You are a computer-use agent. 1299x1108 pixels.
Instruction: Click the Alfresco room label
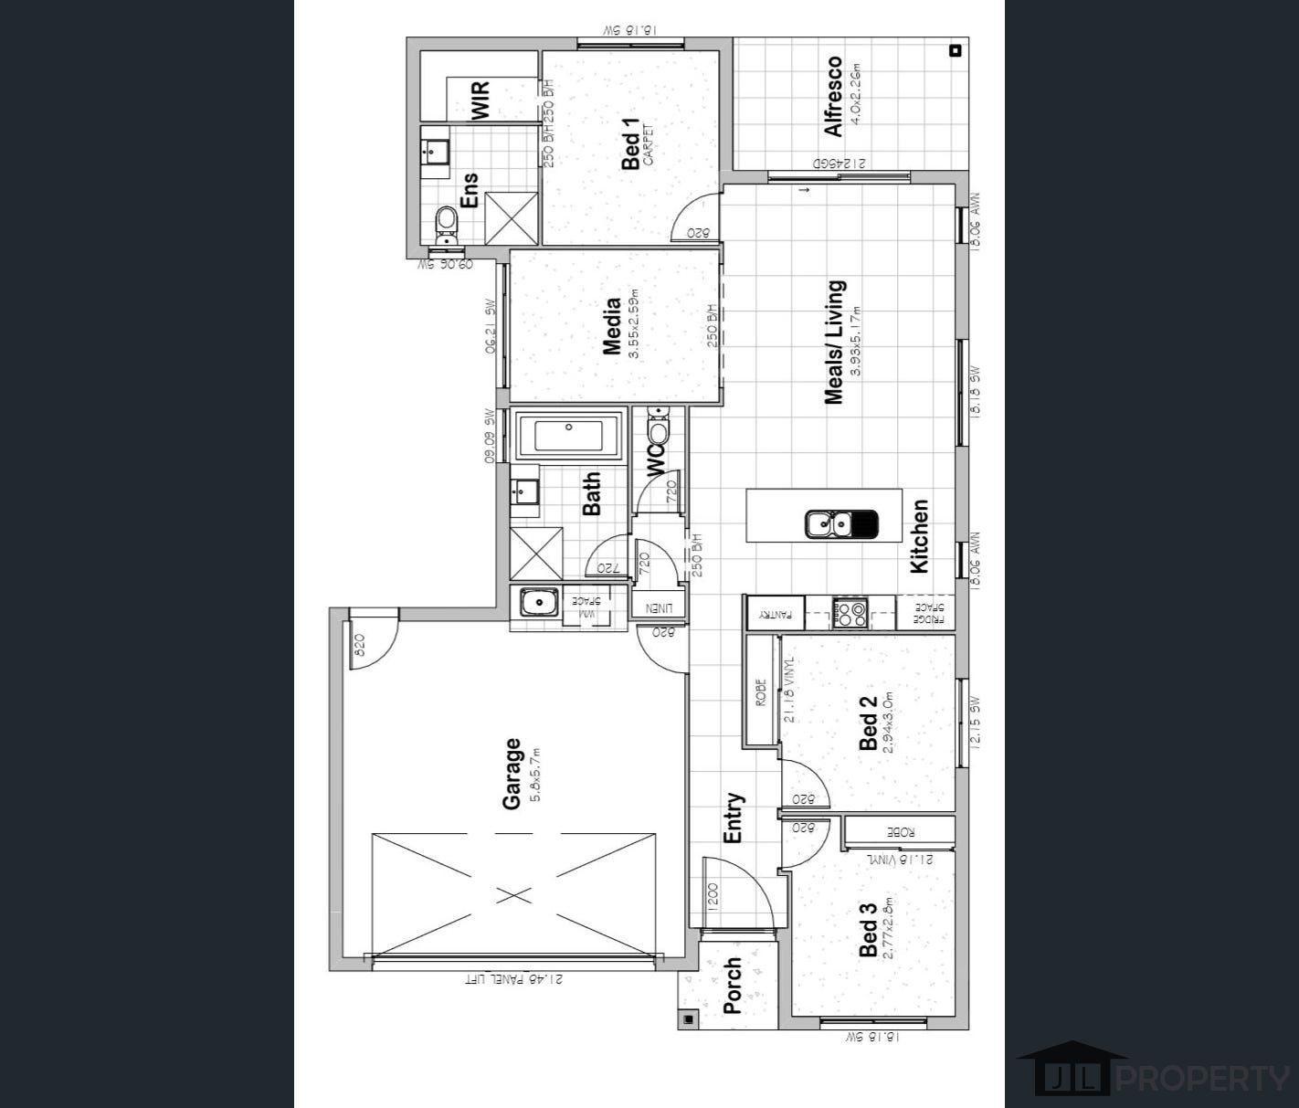[833, 96]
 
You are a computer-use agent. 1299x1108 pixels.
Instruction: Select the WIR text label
[481, 100]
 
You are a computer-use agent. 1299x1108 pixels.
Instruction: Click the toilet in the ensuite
[446, 222]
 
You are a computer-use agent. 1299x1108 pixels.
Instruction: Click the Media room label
[612, 325]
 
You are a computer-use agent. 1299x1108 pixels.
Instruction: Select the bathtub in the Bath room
[567, 437]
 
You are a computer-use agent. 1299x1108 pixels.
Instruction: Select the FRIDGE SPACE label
[929, 612]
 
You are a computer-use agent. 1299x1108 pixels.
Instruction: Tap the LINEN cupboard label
[659, 607]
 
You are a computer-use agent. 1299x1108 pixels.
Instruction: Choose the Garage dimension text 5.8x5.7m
[535, 774]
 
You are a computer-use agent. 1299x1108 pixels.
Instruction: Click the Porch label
[733, 987]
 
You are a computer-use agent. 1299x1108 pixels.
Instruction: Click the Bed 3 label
[868, 929]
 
